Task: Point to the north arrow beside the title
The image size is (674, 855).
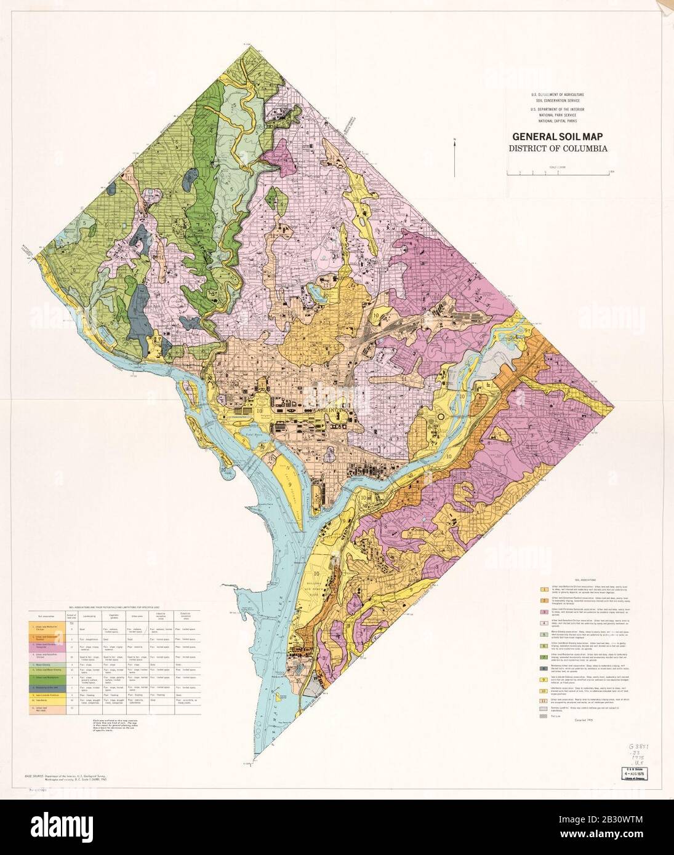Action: click(x=455, y=157)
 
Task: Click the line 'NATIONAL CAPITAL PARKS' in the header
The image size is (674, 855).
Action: click(x=558, y=121)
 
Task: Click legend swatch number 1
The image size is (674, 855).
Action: click(x=544, y=589)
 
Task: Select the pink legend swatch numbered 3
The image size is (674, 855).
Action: click(x=544, y=613)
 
